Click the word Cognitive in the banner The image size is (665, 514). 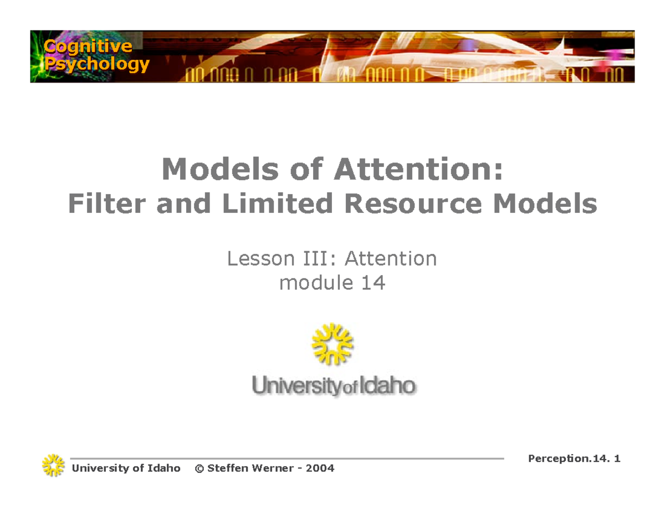pyautogui.click(x=89, y=47)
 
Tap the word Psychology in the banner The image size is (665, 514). pyautogui.click(x=97, y=64)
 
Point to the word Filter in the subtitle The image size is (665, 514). pyautogui.click(x=109, y=204)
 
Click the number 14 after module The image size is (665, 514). pyautogui.click(x=373, y=283)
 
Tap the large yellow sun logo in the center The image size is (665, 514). pyautogui.click(x=332, y=345)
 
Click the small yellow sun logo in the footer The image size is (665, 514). pyautogui.click(x=53, y=466)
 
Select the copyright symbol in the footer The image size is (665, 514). pyautogui.click(x=199, y=469)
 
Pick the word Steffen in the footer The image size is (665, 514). pyautogui.click(x=226, y=469)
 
